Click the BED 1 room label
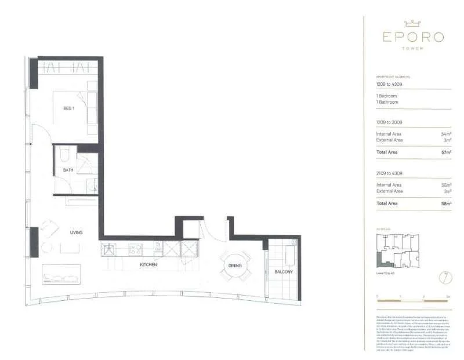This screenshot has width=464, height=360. (x=69, y=108)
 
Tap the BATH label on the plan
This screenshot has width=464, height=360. (x=68, y=170)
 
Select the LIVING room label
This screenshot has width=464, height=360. (x=76, y=232)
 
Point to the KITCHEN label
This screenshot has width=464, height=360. (x=148, y=265)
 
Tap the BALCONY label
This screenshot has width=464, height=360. (x=284, y=272)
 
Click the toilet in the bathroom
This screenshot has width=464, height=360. (x=65, y=154)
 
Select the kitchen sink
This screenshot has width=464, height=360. (x=110, y=249)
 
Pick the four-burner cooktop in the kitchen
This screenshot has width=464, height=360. (x=136, y=249)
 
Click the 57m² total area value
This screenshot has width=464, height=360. (x=446, y=152)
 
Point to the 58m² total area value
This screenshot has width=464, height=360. (x=446, y=203)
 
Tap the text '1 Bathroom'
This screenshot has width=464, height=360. (x=387, y=102)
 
